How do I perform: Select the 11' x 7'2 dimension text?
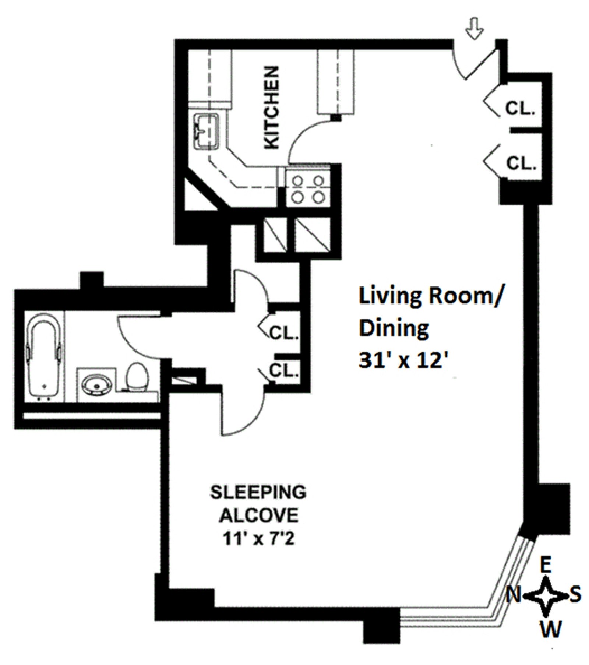(258, 540)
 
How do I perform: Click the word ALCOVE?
(258, 516)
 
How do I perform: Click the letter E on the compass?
(546, 565)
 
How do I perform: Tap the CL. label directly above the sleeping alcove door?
(283, 371)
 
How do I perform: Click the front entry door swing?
(475, 64)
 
